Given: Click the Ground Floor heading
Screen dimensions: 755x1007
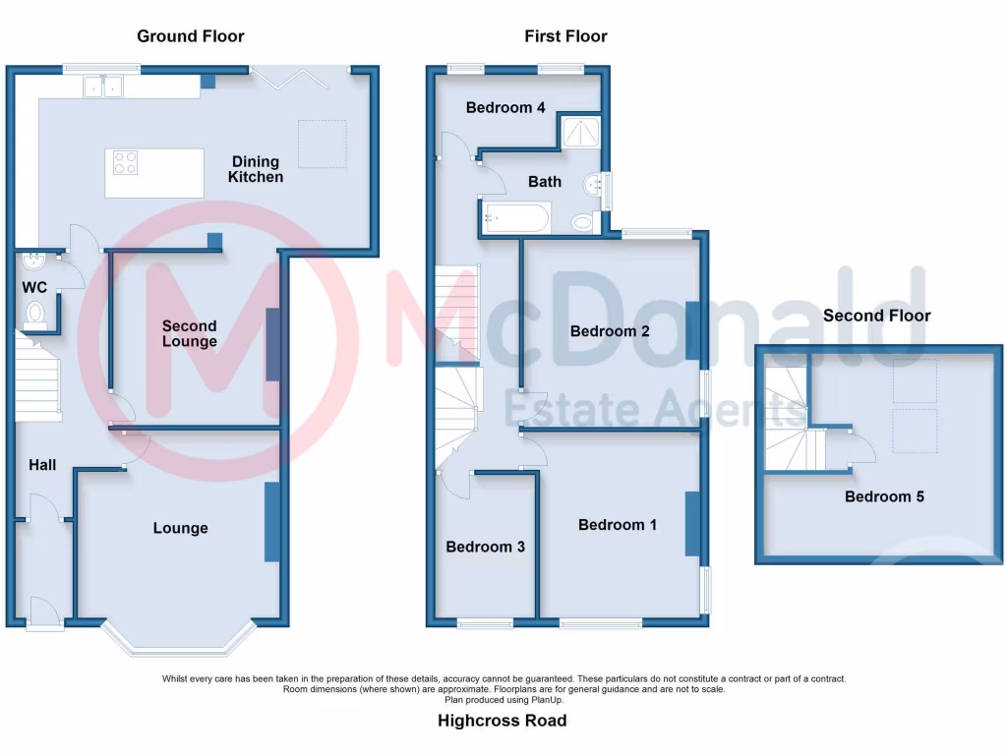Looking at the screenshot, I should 190,36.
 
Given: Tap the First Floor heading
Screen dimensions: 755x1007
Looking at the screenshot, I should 565,36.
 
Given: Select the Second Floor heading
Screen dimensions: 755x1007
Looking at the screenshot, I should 876,316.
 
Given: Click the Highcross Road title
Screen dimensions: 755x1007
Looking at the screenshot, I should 502,721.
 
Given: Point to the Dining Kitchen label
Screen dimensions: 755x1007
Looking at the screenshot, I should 256,169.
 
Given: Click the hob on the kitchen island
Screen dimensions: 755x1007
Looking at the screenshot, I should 125,162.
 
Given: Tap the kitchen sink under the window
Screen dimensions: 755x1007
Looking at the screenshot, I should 102,87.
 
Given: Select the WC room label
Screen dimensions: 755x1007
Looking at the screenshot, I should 35,288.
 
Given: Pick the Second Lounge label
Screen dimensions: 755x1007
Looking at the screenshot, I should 190,333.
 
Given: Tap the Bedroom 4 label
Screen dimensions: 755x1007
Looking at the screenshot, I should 505,107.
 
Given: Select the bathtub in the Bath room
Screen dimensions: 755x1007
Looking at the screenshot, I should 515,216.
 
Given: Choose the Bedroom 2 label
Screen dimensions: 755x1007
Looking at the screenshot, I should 610,331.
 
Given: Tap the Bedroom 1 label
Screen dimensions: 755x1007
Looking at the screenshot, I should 618,525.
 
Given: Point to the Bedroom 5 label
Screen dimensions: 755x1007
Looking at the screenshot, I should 884,496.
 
